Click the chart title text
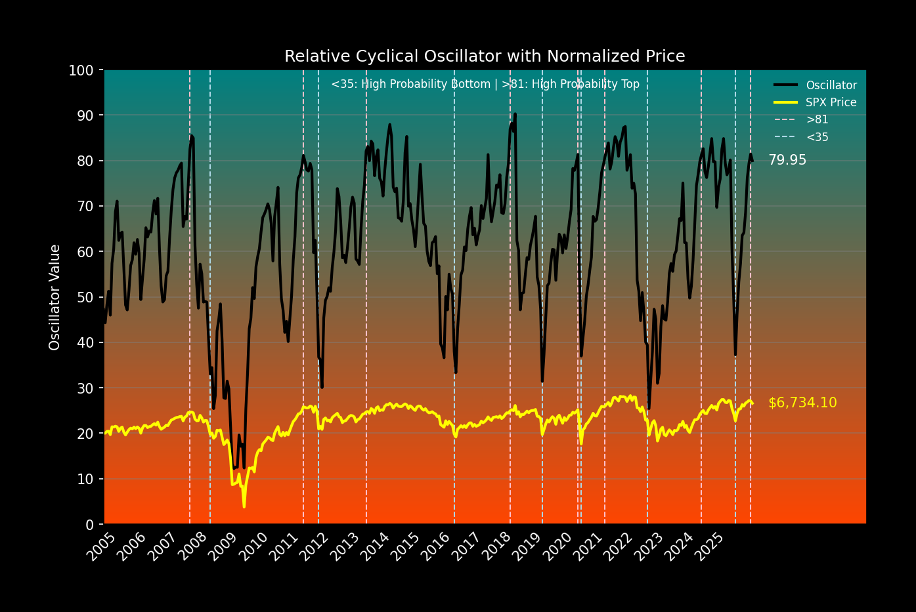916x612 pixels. coord(485,56)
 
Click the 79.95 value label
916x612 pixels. coord(787,160)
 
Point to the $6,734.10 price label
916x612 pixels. coord(802,403)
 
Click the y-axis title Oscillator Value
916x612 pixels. coord(55,297)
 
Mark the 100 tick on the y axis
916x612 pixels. coord(81,70)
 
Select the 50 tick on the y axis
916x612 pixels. coord(85,297)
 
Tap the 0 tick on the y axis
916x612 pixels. coord(89,524)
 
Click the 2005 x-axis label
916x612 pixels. coord(101,547)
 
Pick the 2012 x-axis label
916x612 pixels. coord(315,547)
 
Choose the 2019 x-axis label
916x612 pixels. coord(528,547)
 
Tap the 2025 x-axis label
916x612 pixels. coord(710,547)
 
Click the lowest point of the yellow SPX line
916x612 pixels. coord(244,506)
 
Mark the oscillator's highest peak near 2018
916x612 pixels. coord(515,114)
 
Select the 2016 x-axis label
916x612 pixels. coord(436,547)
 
